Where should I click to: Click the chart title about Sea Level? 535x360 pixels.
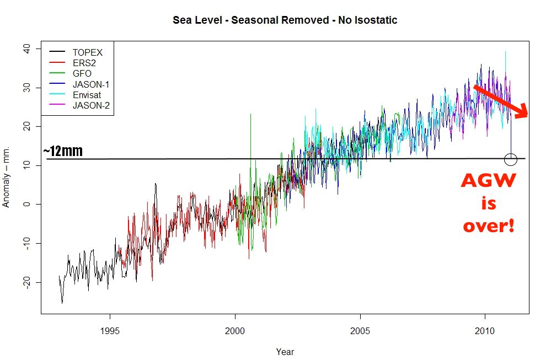[x=285, y=20]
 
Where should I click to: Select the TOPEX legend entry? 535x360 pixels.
[x=88, y=52]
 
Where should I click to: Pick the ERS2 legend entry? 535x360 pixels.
[x=84, y=63]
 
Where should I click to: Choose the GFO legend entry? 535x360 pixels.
[x=82, y=73]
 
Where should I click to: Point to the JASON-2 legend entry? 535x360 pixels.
[x=91, y=105]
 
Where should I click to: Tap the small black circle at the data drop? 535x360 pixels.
[x=511, y=159]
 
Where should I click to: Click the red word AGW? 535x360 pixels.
[x=489, y=181]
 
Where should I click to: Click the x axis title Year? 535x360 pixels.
[x=285, y=351]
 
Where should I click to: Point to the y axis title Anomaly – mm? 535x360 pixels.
[x=7, y=177]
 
